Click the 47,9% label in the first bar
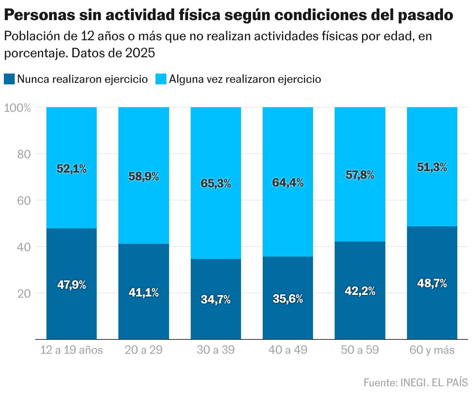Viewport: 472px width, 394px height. coord(72,285)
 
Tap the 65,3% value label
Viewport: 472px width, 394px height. coord(215,183)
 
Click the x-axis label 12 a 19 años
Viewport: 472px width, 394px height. coord(72,350)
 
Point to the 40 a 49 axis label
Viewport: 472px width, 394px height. coord(288,350)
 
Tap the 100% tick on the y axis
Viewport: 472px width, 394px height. coord(17,108)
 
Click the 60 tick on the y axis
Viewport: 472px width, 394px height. coord(24,200)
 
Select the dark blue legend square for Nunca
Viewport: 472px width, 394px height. coord(9,79)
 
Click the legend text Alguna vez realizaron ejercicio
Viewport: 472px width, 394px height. coord(245,79)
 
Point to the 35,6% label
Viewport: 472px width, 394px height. coord(288,299)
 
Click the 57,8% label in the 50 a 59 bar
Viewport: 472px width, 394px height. coord(359,175)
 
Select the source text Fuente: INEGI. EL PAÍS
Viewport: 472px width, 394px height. coord(416,382)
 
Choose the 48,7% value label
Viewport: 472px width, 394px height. coord(432,283)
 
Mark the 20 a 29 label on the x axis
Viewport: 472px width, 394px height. coord(144,350)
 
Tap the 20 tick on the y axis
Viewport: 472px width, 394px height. coord(24,293)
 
